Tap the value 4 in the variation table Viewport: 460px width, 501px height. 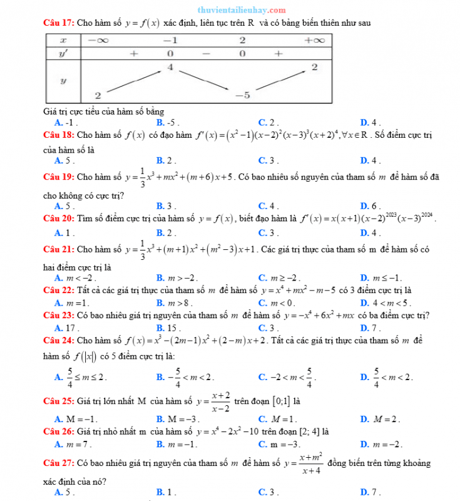coord(170,67)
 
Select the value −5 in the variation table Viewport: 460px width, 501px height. coord(243,95)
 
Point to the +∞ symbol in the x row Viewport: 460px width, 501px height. coord(314,40)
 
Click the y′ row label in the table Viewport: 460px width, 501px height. coord(63,54)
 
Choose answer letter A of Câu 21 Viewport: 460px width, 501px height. coord(58,278)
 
